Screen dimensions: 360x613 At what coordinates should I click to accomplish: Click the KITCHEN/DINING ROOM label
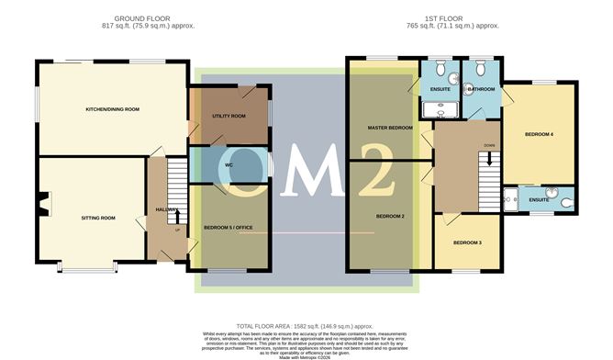click(112, 109)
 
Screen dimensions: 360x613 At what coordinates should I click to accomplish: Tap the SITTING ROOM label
click(98, 218)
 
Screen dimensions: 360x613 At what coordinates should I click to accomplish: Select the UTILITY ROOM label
click(228, 117)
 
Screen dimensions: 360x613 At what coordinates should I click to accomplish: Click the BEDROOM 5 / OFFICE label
click(228, 226)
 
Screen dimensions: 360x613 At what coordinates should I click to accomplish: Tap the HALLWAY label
click(166, 209)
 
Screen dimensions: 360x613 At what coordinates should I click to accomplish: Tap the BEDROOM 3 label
click(467, 242)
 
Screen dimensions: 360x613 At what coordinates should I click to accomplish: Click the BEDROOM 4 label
click(539, 134)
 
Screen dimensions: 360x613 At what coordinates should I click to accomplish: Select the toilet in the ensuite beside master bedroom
click(440, 68)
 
